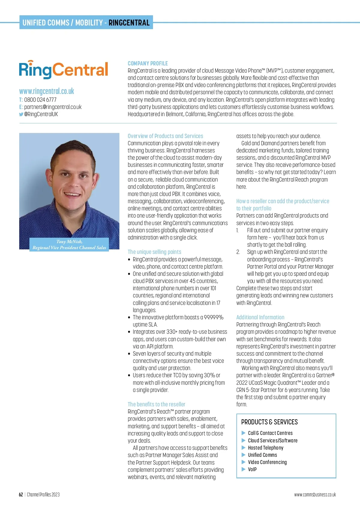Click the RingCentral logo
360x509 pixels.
point(63,70)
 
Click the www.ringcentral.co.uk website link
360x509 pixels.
point(46,91)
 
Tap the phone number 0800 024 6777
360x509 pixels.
point(40,100)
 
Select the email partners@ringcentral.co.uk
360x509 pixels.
point(53,107)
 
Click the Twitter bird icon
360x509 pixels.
point(21,114)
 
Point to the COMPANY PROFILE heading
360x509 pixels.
point(148,63)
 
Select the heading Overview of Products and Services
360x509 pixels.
point(165,136)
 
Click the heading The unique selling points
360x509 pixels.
point(154,252)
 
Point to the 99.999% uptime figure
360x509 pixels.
point(214,317)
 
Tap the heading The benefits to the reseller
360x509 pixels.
point(156,404)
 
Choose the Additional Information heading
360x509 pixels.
point(260,317)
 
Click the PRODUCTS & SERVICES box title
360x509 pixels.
point(269,422)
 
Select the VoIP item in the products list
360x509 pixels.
point(252,469)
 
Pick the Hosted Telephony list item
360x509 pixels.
point(265,448)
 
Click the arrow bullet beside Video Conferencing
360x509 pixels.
point(244,462)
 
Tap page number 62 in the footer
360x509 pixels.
point(21,495)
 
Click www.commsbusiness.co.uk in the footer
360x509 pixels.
point(315,495)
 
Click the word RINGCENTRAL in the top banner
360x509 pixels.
point(129,23)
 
